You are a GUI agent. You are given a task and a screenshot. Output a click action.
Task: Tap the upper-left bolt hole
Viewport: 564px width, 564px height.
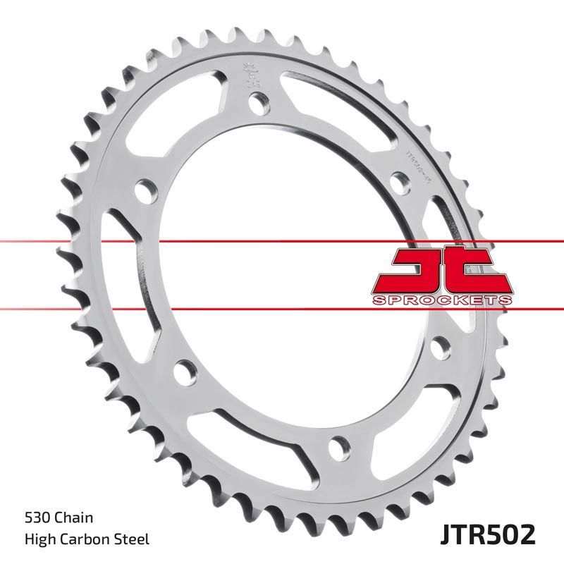pos(146,189)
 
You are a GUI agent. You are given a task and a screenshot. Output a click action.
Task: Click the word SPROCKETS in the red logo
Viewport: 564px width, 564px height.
pos(441,300)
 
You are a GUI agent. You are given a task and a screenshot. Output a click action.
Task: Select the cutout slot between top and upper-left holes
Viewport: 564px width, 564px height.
pos(187,106)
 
